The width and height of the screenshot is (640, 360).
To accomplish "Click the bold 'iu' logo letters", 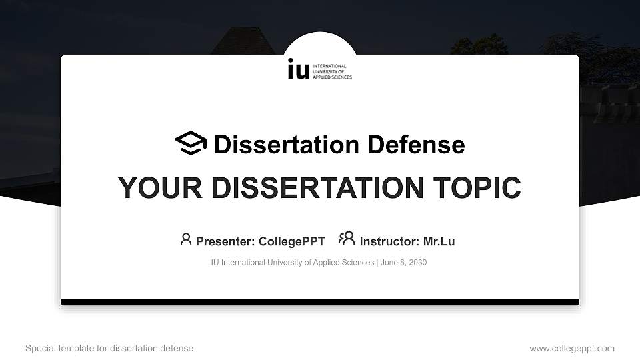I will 298,69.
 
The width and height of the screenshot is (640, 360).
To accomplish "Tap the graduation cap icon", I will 191,143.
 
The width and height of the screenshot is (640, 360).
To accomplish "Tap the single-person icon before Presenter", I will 186,239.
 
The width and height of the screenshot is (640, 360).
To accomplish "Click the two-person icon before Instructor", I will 347,239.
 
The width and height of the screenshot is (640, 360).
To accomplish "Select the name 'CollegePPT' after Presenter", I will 292,241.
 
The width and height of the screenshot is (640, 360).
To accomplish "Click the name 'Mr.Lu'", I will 439,241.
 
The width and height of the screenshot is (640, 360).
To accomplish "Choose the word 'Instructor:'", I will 390,241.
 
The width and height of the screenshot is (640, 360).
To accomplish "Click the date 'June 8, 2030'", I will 404,263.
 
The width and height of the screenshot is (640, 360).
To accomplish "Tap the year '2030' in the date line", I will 417,263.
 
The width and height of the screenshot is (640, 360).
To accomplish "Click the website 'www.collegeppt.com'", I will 572,349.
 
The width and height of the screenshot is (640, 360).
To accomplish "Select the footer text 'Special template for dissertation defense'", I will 109,349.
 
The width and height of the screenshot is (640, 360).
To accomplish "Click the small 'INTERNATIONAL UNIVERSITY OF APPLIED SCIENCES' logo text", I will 333,72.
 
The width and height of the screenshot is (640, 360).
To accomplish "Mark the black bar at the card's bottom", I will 320,302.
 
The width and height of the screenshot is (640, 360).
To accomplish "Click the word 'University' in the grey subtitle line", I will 284,263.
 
